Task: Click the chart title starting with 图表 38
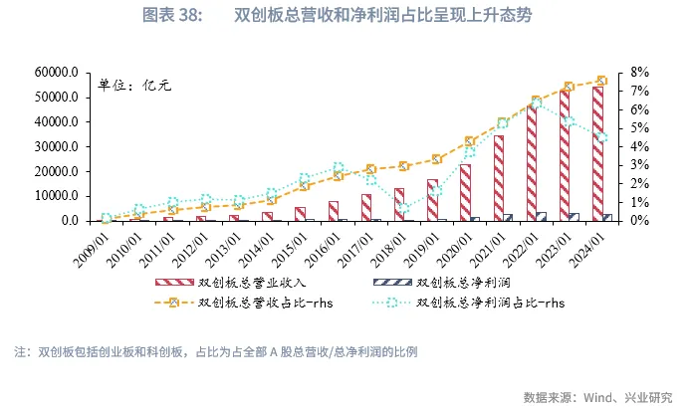(346, 16)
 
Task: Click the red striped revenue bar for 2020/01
(465, 192)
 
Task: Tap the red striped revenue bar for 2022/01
(532, 162)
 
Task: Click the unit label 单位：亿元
(134, 86)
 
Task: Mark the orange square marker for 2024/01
(601, 81)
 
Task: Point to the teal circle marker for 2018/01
(403, 209)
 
